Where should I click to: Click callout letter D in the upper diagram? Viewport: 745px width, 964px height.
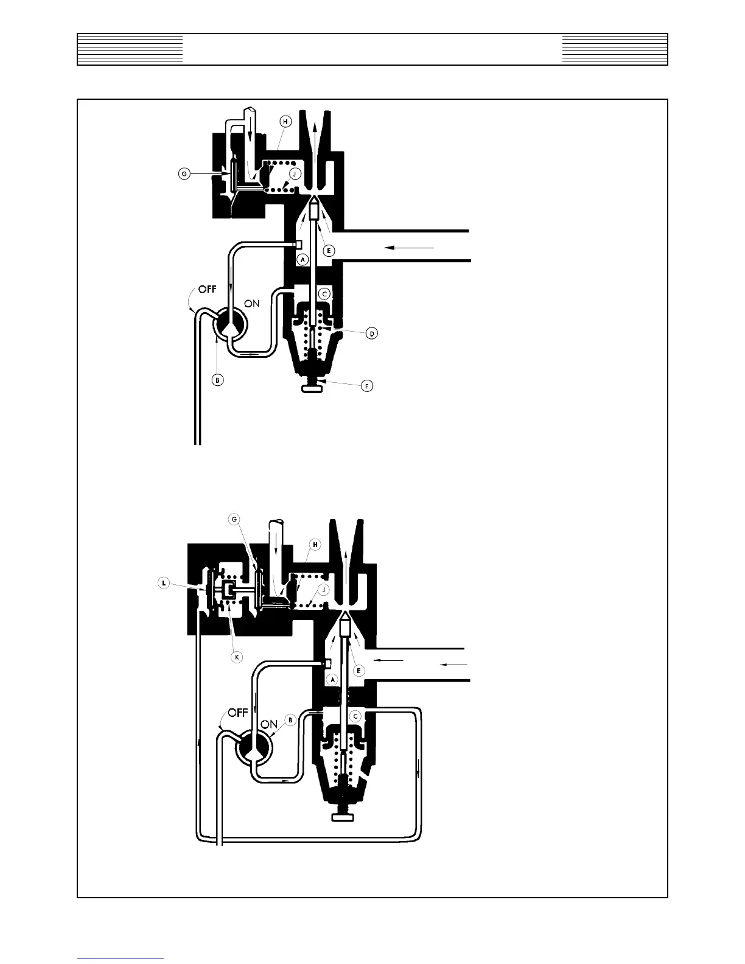[372, 333]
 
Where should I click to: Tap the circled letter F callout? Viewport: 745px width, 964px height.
[367, 386]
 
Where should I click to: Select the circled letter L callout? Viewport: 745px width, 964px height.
[164, 583]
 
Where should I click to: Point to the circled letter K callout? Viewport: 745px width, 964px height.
[237, 657]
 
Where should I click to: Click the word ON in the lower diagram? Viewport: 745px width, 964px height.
[269, 724]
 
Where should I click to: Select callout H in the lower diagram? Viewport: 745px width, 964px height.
[315, 545]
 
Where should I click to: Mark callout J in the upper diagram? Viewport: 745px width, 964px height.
[294, 173]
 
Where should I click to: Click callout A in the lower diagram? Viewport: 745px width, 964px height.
[332, 679]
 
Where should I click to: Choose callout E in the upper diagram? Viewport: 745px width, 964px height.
[329, 250]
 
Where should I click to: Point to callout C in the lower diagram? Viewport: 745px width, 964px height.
[355, 716]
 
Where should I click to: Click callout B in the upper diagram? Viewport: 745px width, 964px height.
[218, 380]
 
